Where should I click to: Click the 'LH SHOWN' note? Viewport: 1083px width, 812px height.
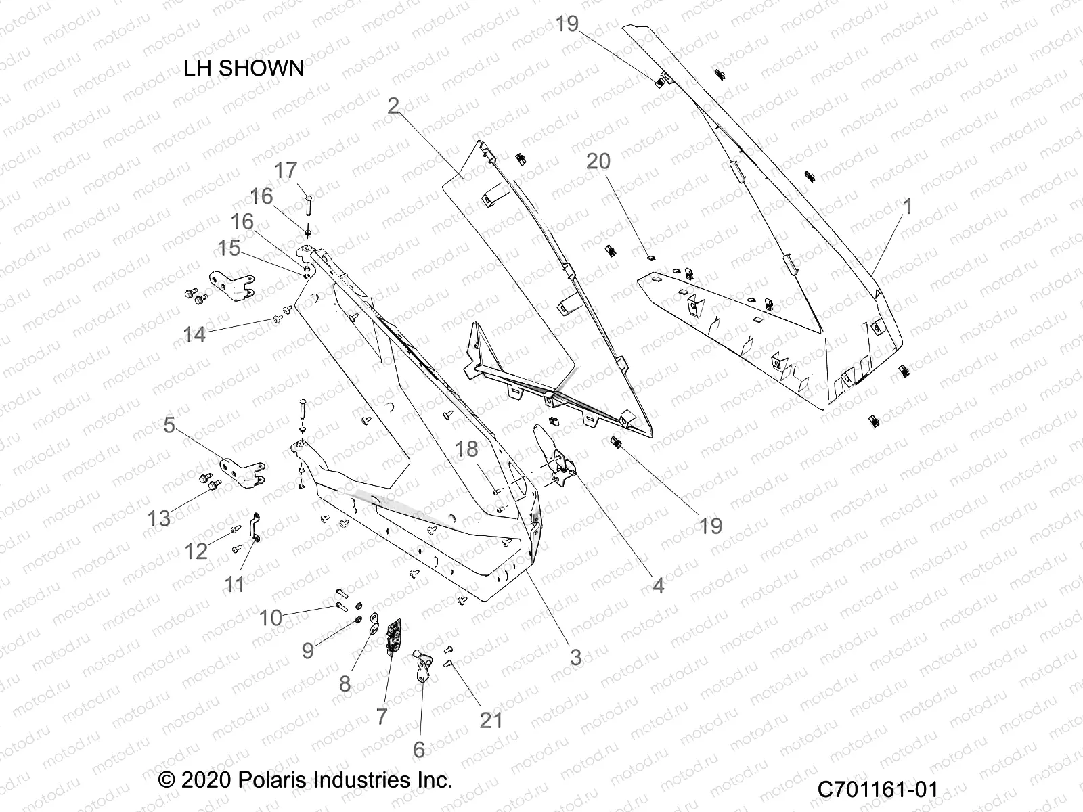pyautogui.click(x=244, y=68)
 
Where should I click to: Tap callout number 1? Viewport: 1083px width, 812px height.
pyautogui.click(x=908, y=206)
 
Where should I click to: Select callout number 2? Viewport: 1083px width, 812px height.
pyautogui.click(x=393, y=106)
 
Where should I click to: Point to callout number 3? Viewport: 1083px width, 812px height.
pyautogui.click(x=575, y=656)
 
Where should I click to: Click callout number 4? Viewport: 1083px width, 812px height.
pyautogui.click(x=658, y=585)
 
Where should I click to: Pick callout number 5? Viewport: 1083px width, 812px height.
pyautogui.click(x=169, y=426)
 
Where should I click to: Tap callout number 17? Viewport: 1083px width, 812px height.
pyautogui.click(x=286, y=170)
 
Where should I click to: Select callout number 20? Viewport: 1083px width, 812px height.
pyautogui.click(x=598, y=161)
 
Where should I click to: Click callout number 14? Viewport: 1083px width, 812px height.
pyautogui.click(x=194, y=334)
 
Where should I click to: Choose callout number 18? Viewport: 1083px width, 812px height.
pyautogui.click(x=467, y=449)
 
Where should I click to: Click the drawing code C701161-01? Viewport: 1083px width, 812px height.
pyautogui.click(x=877, y=789)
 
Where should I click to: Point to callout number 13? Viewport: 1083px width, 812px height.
pyautogui.click(x=159, y=518)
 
